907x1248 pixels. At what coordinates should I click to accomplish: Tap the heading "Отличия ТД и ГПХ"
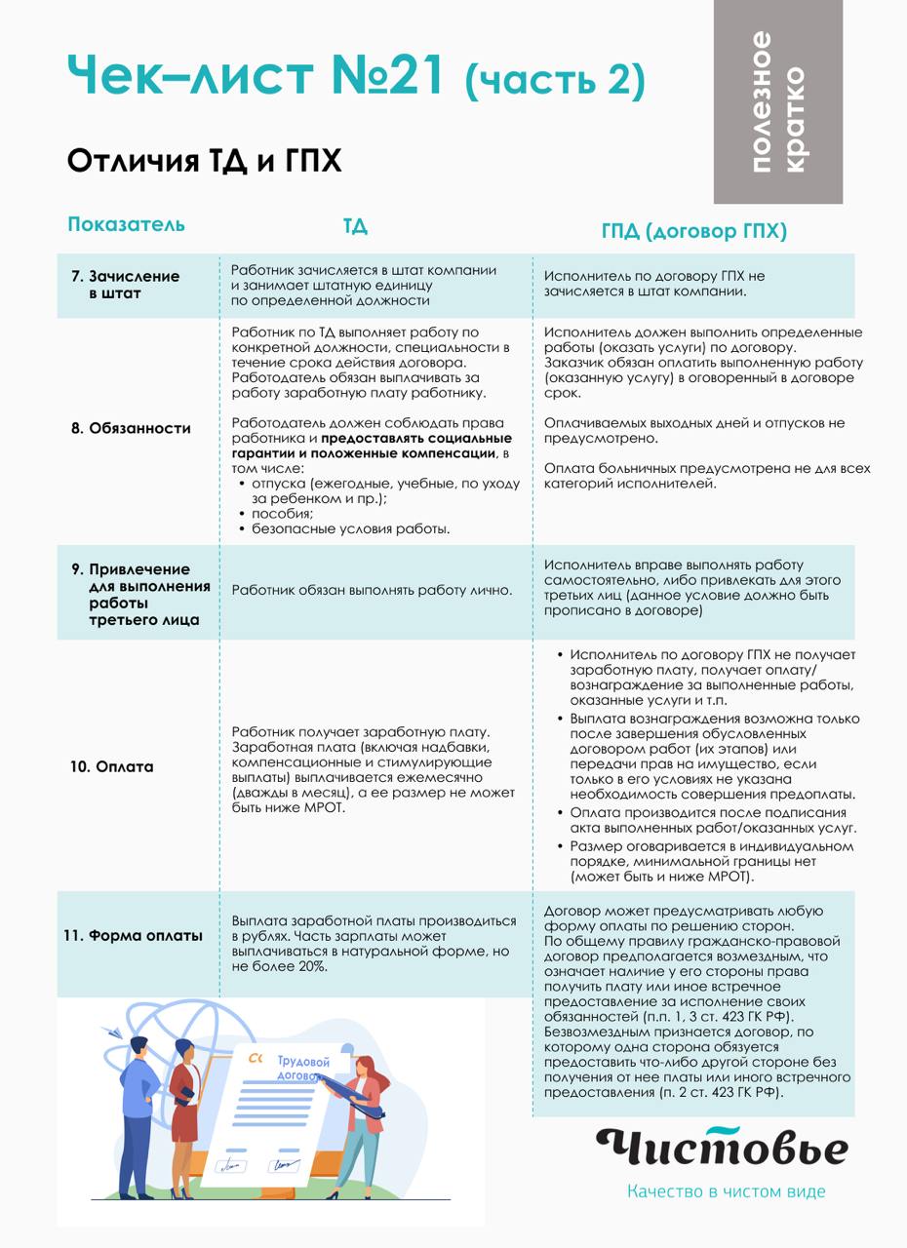tap(205, 160)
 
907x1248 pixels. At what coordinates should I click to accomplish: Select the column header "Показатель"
tap(126, 224)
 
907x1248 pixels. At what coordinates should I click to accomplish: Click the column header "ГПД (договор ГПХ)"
tap(693, 231)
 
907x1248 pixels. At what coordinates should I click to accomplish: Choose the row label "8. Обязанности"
tap(131, 428)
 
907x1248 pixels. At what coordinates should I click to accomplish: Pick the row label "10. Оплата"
tap(112, 766)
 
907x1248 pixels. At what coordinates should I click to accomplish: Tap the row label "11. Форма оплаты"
tap(134, 935)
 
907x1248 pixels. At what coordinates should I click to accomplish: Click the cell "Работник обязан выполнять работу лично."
tap(372, 591)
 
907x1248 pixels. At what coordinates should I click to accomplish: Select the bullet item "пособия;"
tap(282, 514)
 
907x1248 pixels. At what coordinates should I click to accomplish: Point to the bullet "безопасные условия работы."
tap(350, 529)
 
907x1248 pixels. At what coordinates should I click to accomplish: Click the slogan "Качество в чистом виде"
tap(726, 1191)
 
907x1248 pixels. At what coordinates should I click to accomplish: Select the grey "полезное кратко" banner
tap(777, 101)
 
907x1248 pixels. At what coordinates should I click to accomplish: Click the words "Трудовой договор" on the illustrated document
tap(302, 1068)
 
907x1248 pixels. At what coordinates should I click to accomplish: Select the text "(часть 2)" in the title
tap(555, 81)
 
